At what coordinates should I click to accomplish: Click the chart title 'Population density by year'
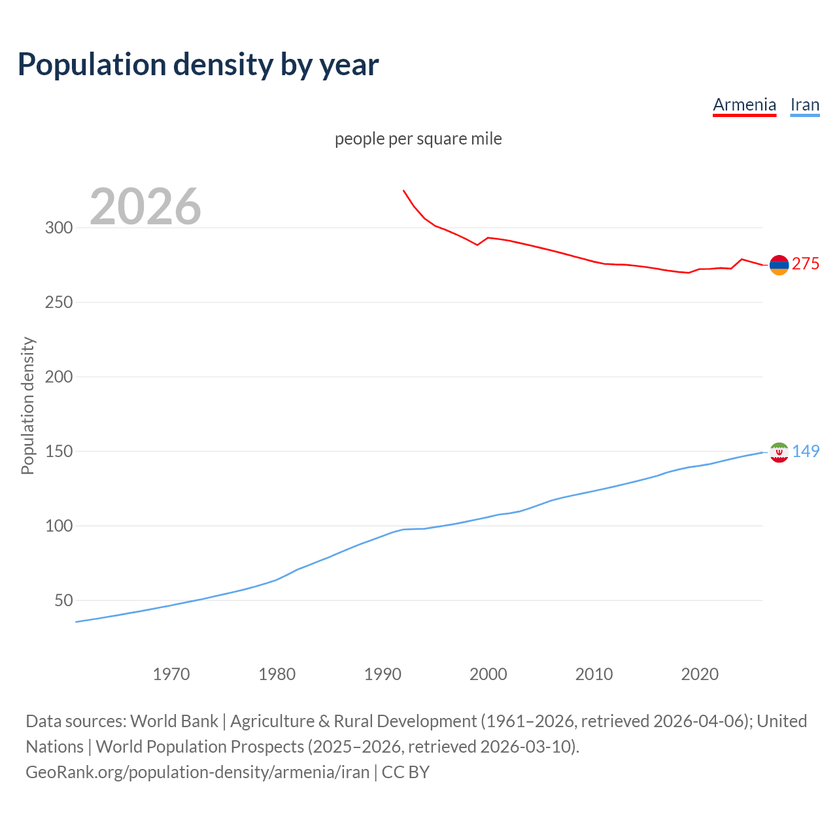pyautogui.click(x=198, y=65)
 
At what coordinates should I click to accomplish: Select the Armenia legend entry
pyautogui.click(x=744, y=105)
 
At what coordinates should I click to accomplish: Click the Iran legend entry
pyautogui.click(x=804, y=105)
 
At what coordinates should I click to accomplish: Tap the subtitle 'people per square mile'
pyautogui.click(x=418, y=139)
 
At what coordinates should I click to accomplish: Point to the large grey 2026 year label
pyautogui.click(x=145, y=207)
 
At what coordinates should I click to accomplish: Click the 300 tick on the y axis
pyautogui.click(x=58, y=228)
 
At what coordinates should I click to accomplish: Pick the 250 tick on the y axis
pyautogui.click(x=58, y=302)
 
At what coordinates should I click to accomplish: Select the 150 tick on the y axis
pyautogui.click(x=58, y=451)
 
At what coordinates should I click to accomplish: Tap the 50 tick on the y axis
pyautogui.click(x=63, y=600)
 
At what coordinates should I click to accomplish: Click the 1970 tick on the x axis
pyautogui.click(x=171, y=674)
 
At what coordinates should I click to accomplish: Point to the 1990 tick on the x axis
pyautogui.click(x=383, y=674)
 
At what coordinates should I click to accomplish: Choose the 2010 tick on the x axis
pyautogui.click(x=594, y=674)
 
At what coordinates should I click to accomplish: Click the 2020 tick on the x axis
pyautogui.click(x=700, y=674)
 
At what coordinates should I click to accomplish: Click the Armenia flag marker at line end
pyautogui.click(x=779, y=265)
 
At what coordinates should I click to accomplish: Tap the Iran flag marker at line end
pyautogui.click(x=779, y=453)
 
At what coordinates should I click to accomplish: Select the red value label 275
pyautogui.click(x=805, y=264)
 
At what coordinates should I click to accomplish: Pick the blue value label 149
pyautogui.click(x=806, y=451)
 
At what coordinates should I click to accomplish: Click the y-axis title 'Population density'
pyautogui.click(x=27, y=405)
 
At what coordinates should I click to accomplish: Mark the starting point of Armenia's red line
pyautogui.click(x=403, y=190)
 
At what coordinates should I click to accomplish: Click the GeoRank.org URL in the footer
pyautogui.click(x=197, y=772)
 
